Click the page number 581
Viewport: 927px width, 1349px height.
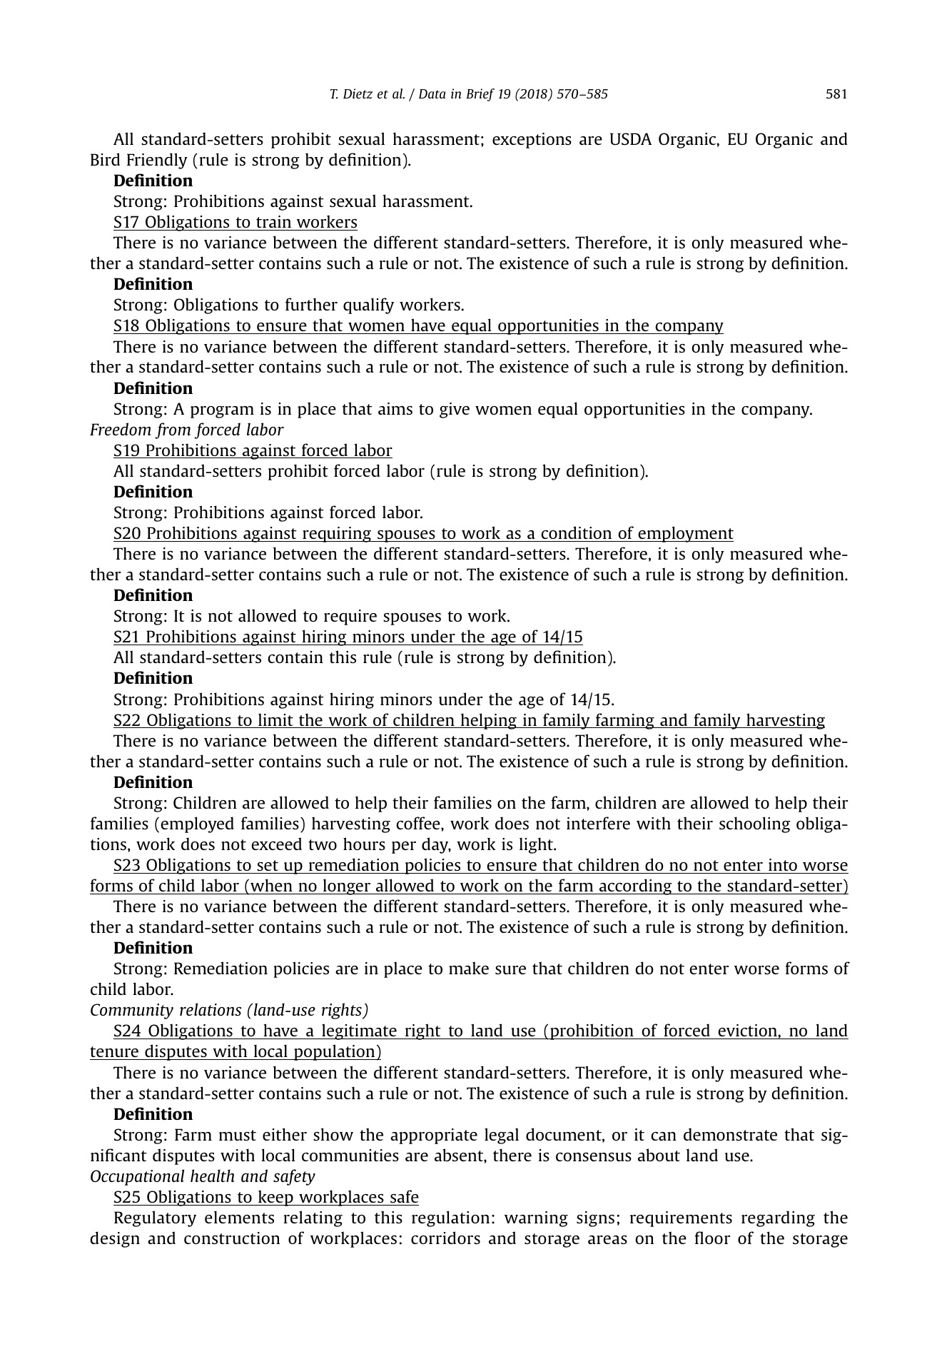tap(836, 94)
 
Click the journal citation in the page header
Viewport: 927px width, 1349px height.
tap(469, 94)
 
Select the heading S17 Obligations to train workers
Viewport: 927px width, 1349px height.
tap(235, 222)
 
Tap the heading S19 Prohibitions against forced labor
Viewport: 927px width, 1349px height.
tap(252, 450)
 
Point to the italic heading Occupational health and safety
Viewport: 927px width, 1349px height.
tap(202, 1176)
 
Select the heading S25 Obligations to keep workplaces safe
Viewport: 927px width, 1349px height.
tap(265, 1197)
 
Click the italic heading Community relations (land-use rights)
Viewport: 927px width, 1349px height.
tap(228, 1010)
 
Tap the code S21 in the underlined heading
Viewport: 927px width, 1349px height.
tap(127, 637)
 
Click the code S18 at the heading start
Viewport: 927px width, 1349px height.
tap(127, 325)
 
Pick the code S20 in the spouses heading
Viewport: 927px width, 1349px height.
tap(127, 533)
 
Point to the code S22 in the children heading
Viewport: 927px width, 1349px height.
tap(127, 720)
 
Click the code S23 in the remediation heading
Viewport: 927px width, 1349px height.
tap(127, 865)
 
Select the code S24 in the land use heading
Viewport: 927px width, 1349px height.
tap(127, 1031)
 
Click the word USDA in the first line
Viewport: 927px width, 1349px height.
tap(629, 139)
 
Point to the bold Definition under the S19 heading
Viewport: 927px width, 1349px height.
tap(153, 492)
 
